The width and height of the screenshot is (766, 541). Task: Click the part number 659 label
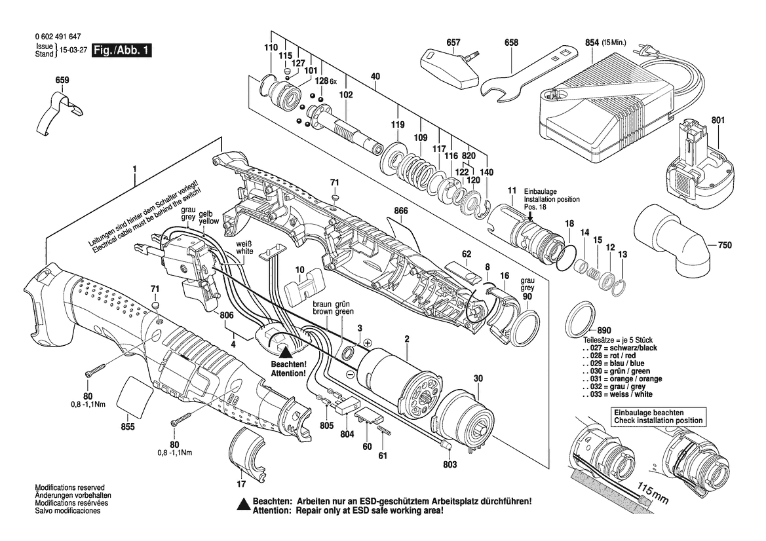pyautogui.click(x=62, y=81)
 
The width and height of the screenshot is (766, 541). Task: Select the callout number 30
pyautogui.click(x=478, y=378)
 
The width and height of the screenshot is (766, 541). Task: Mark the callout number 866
pyautogui.click(x=401, y=212)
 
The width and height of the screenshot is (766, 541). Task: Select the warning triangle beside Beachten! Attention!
pyautogui.click(x=284, y=350)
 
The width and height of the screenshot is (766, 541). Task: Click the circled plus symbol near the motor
pyautogui.click(x=368, y=343)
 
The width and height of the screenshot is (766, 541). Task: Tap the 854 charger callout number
pyautogui.click(x=592, y=43)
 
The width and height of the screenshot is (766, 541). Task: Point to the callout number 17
pyautogui.click(x=240, y=484)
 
